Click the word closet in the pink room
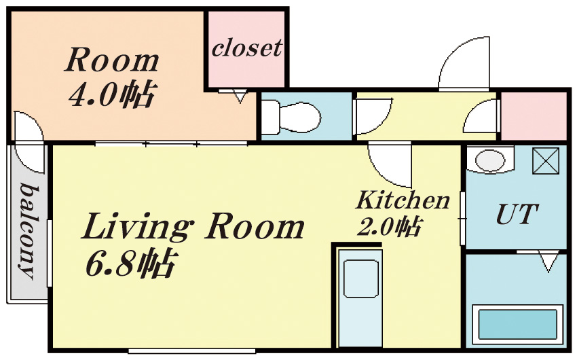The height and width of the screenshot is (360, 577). pos(247,48)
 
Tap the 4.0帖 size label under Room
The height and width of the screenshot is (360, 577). pos(113,94)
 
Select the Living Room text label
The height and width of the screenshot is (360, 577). pos(193,227)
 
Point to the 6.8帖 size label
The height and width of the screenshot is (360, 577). pos(129,264)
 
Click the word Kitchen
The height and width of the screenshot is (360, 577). pos(403,200)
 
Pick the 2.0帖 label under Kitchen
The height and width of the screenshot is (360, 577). pos(390,227)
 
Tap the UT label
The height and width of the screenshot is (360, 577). pos(517,214)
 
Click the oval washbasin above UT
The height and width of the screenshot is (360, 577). pos(490,160)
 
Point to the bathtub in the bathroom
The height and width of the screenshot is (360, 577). pos(517,324)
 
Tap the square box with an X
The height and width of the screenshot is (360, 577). pos(546,160)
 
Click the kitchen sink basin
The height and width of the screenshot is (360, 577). pos(360,278)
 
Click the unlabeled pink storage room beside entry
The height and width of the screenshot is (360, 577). pos(534,115)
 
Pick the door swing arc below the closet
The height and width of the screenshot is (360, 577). pos(240,97)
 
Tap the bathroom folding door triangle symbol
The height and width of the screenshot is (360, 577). pos(548,262)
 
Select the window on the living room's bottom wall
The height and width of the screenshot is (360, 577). pos(191,351)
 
